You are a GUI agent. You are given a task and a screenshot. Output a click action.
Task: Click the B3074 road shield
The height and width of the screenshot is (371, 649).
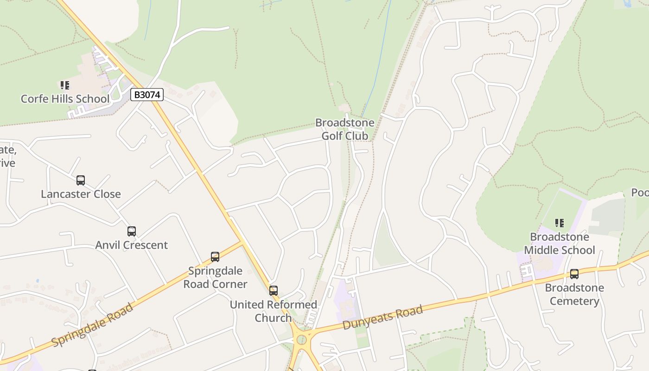point(147,95)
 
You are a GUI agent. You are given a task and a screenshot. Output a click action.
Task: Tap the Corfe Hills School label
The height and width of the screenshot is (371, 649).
point(65,99)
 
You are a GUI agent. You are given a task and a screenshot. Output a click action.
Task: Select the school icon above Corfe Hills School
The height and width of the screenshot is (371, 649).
point(65,85)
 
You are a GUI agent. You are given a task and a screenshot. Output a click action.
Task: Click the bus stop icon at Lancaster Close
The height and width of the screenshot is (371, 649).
point(81,180)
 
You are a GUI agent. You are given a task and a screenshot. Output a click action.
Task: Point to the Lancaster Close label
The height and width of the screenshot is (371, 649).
point(81,194)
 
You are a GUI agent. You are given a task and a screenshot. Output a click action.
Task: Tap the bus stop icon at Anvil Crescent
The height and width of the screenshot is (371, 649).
point(132,231)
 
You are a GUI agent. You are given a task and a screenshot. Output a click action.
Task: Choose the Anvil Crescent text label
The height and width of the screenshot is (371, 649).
point(132,245)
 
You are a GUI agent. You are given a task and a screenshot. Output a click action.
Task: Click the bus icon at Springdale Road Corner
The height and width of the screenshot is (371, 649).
point(215,257)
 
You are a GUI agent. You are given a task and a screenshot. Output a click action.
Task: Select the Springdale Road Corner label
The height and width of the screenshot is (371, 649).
point(215,277)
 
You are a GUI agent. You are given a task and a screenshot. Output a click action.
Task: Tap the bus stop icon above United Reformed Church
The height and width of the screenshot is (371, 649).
point(274,291)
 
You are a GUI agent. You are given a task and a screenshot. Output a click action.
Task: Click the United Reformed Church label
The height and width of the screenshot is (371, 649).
point(274,311)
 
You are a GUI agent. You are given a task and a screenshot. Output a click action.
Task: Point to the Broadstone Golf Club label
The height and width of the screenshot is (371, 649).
point(345,129)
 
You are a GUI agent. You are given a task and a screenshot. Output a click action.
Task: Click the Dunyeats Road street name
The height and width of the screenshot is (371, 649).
point(383,317)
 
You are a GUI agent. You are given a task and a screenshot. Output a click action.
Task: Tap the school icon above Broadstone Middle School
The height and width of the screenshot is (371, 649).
point(560,224)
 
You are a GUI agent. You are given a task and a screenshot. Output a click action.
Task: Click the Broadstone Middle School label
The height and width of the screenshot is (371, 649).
point(560,243)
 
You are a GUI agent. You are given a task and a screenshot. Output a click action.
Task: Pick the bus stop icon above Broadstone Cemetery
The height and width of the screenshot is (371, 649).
point(574,274)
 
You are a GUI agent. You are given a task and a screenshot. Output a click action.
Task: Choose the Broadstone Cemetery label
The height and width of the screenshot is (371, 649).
point(574,294)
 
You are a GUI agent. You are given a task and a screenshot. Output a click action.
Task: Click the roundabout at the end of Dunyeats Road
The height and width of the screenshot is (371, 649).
point(303,340)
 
